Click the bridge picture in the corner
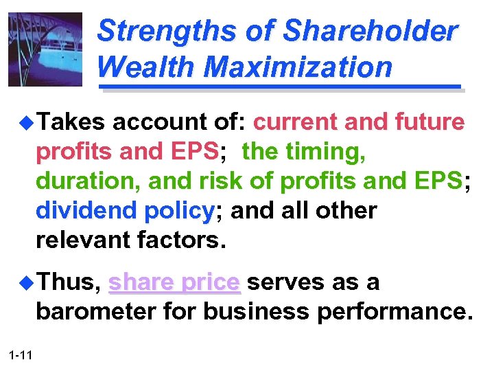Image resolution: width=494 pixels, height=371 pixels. click(45, 49)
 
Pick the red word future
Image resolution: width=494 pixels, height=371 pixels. click(430, 122)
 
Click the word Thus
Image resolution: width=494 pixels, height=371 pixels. click(68, 282)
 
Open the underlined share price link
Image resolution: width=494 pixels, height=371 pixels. click(174, 283)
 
